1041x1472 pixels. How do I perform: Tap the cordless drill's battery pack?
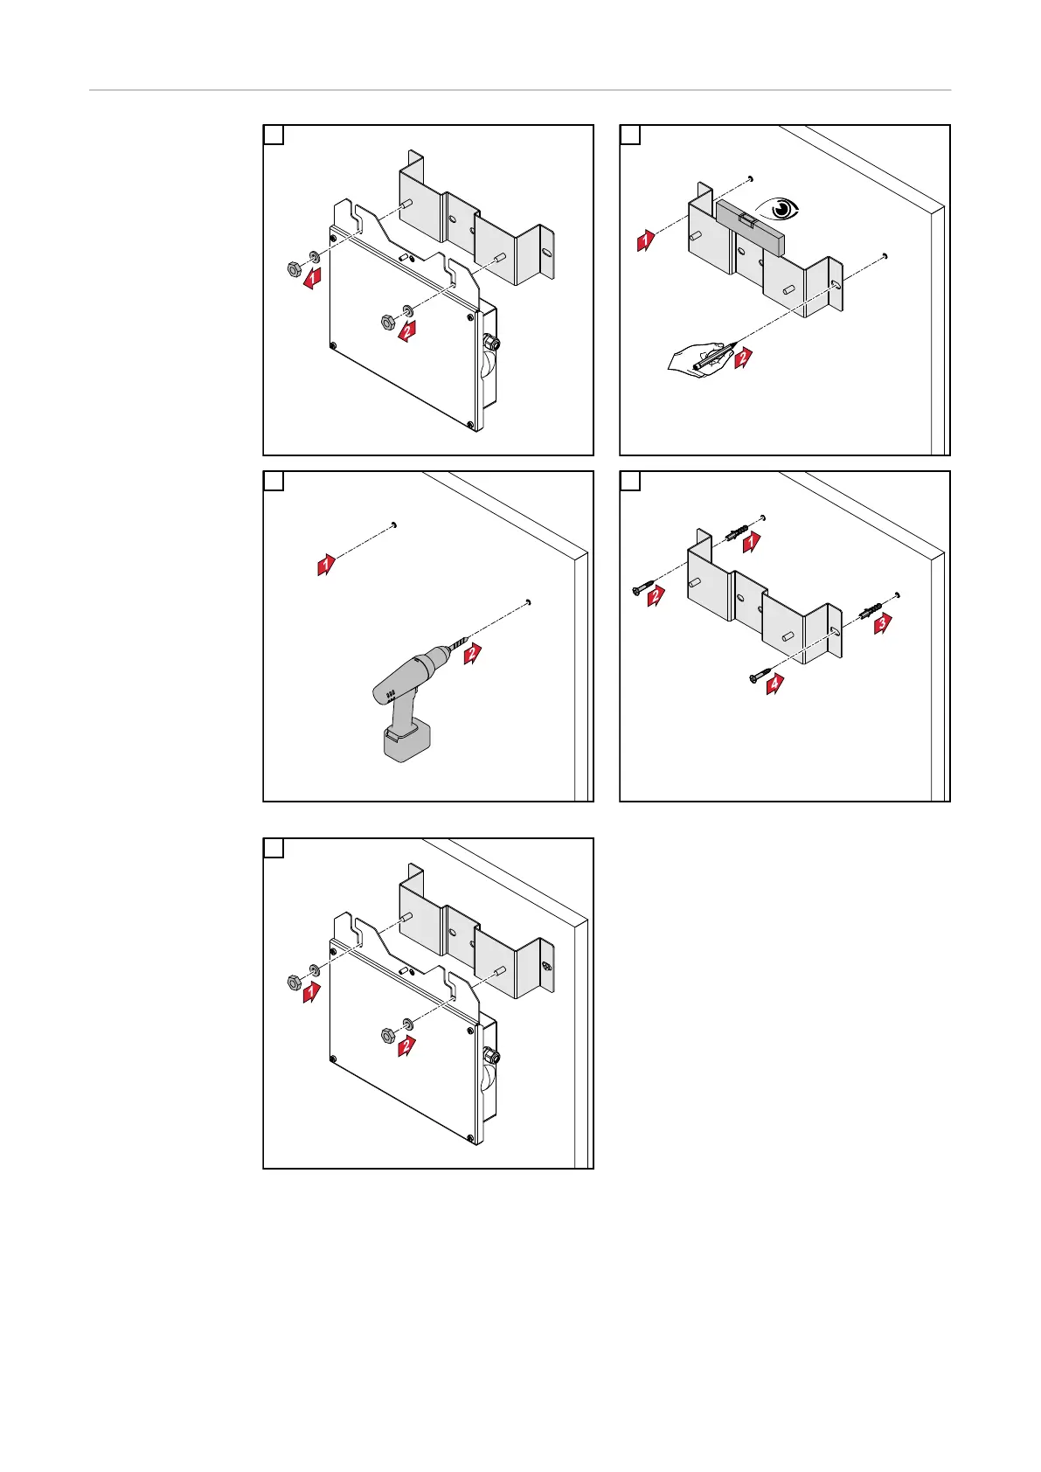[407, 740]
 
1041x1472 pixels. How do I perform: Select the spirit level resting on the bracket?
[750, 225]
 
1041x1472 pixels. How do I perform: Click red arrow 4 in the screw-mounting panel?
[774, 684]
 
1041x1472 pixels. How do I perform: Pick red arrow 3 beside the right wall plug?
[883, 622]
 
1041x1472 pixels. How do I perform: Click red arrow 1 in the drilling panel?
[326, 565]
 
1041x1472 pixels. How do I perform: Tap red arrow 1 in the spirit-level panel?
[645, 240]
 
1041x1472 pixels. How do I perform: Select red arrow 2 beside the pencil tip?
[744, 356]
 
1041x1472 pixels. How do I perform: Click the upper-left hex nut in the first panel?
[294, 268]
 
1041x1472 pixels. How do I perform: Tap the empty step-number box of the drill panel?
[274, 482]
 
